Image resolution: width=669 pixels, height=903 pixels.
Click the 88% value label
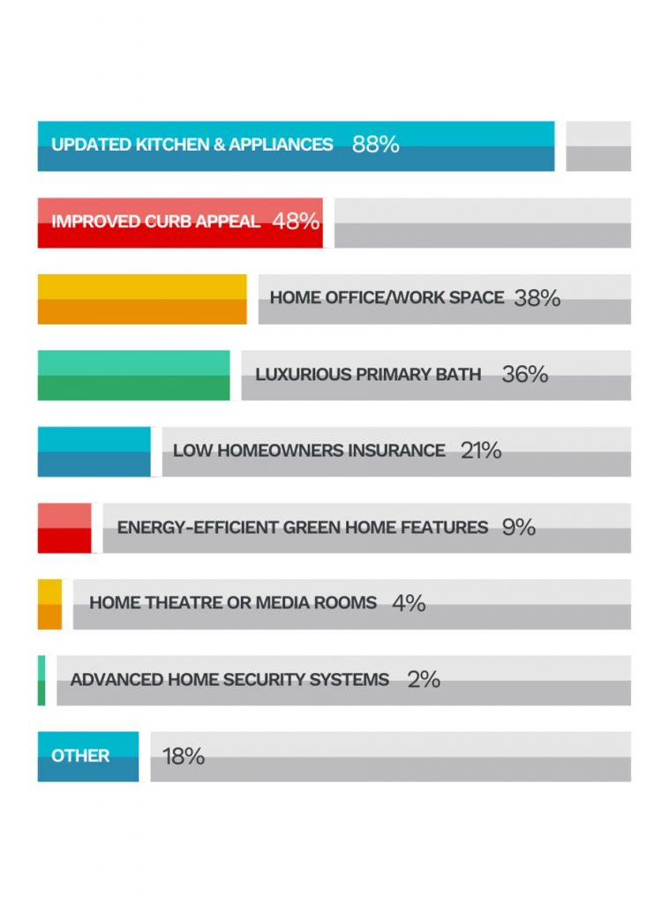coord(375,145)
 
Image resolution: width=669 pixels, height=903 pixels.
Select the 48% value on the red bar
coord(296,221)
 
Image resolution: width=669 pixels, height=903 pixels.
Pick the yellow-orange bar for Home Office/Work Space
coord(142,300)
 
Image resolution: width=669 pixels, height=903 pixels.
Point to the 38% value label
coord(537,298)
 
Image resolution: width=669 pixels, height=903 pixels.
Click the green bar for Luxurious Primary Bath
coord(133,376)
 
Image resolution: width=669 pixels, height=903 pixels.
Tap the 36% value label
coord(524,375)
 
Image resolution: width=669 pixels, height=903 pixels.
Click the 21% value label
coord(480,451)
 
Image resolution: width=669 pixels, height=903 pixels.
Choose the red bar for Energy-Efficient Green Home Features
coord(64,528)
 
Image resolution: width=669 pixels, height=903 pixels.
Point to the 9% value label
coord(518,527)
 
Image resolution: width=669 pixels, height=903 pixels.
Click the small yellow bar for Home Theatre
coord(49,604)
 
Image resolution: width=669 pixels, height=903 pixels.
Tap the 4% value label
coord(409,603)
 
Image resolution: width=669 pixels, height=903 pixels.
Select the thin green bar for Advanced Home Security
coord(41,681)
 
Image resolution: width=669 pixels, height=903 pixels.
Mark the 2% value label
coord(424,680)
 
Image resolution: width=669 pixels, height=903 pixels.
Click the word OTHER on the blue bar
coord(80,756)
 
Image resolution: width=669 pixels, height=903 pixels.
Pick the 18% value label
coord(184,757)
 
